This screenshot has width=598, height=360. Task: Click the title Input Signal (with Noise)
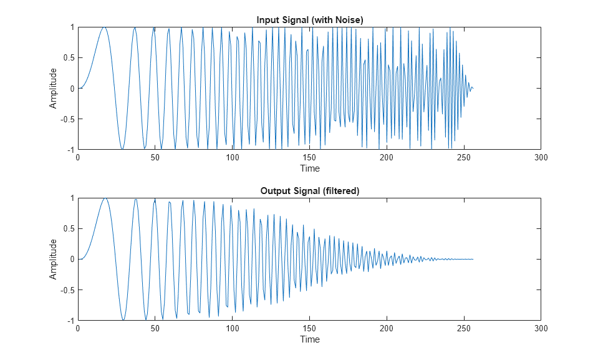tap(309, 20)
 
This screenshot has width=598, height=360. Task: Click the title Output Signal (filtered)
tap(309, 191)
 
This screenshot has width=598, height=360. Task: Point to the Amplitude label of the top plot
tap(54, 89)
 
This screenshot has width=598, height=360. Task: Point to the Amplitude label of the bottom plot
tap(54, 259)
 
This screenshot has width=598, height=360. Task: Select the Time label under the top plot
tap(309, 168)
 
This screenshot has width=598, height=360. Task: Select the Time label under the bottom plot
tap(309, 339)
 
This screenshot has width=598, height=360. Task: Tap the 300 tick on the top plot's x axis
tap(541, 158)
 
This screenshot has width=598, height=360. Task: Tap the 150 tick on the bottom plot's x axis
tap(309, 329)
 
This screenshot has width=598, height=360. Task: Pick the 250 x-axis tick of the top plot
tap(464, 158)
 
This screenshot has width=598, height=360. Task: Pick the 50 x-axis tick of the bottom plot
tap(155, 329)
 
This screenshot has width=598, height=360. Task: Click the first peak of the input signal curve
tap(105, 27)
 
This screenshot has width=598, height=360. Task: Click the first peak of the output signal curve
tap(105, 198)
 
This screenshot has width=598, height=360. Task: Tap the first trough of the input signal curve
tap(123, 149)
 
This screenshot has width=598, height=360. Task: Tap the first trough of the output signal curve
tap(123, 319)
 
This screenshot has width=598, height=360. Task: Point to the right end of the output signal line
tap(473, 259)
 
